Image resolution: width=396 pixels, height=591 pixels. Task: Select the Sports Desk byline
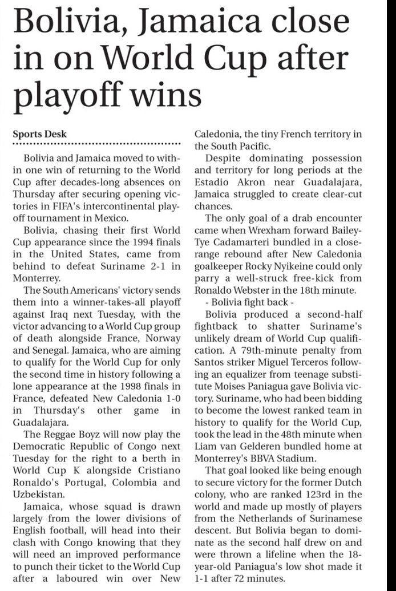(40, 135)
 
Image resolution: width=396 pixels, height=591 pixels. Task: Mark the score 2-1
(153, 267)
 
